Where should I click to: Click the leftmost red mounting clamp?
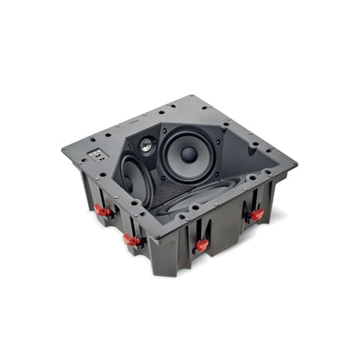coord(102,209)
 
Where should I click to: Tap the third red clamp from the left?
coord(202,245)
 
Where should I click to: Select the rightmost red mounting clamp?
coord(256,214)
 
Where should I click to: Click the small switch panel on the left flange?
coord(98,157)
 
